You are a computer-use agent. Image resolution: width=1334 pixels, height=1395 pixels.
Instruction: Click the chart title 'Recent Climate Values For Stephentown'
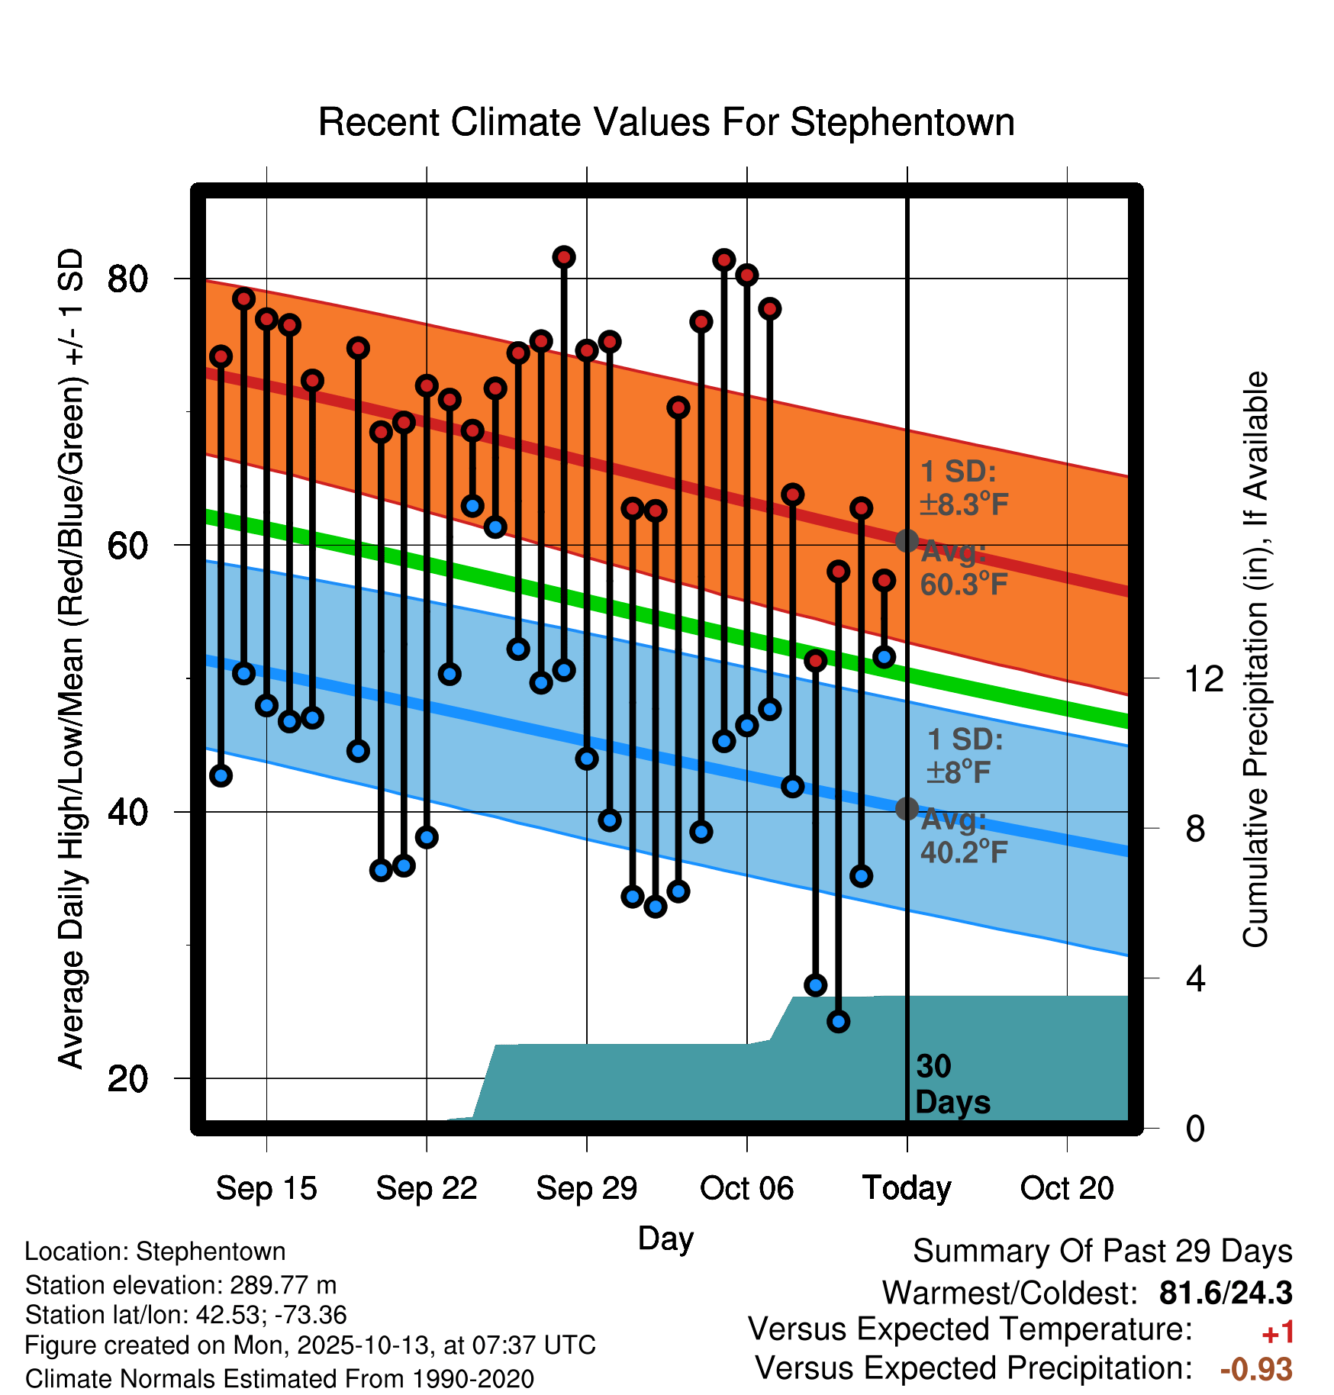(x=666, y=122)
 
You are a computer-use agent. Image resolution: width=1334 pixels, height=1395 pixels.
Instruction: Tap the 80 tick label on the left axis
(x=127, y=279)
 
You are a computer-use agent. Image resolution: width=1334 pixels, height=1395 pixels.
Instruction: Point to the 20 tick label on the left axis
(x=127, y=1079)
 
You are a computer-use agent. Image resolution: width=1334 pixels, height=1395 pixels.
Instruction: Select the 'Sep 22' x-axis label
(x=427, y=1188)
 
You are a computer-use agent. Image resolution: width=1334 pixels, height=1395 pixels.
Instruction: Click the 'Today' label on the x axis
(x=907, y=1188)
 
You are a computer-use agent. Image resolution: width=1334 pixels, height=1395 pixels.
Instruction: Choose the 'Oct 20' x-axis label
(x=1067, y=1188)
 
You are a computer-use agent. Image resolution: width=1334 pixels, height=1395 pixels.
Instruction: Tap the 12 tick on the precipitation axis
(x=1203, y=678)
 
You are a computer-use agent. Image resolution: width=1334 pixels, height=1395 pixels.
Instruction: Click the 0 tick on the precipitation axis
(x=1195, y=1128)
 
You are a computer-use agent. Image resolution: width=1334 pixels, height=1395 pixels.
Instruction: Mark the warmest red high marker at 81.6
(x=564, y=257)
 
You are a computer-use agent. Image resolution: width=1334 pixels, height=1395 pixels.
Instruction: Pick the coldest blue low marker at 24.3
(x=839, y=1021)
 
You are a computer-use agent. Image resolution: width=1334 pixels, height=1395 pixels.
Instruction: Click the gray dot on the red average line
(x=907, y=541)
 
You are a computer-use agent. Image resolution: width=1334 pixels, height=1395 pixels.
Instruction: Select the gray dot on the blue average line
(x=907, y=808)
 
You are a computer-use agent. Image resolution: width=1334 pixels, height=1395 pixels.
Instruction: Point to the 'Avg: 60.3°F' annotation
(x=963, y=568)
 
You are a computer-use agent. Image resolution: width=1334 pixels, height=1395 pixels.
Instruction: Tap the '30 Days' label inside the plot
(x=952, y=1084)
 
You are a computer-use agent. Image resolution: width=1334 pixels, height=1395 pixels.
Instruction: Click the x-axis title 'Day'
(x=665, y=1238)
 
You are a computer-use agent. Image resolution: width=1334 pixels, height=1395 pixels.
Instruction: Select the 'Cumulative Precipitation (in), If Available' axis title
(x=1255, y=659)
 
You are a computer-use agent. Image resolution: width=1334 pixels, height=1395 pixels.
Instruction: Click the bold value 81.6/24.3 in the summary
(x=1226, y=1293)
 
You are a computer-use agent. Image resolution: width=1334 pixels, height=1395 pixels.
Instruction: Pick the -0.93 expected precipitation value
(x=1256, y=1369)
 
